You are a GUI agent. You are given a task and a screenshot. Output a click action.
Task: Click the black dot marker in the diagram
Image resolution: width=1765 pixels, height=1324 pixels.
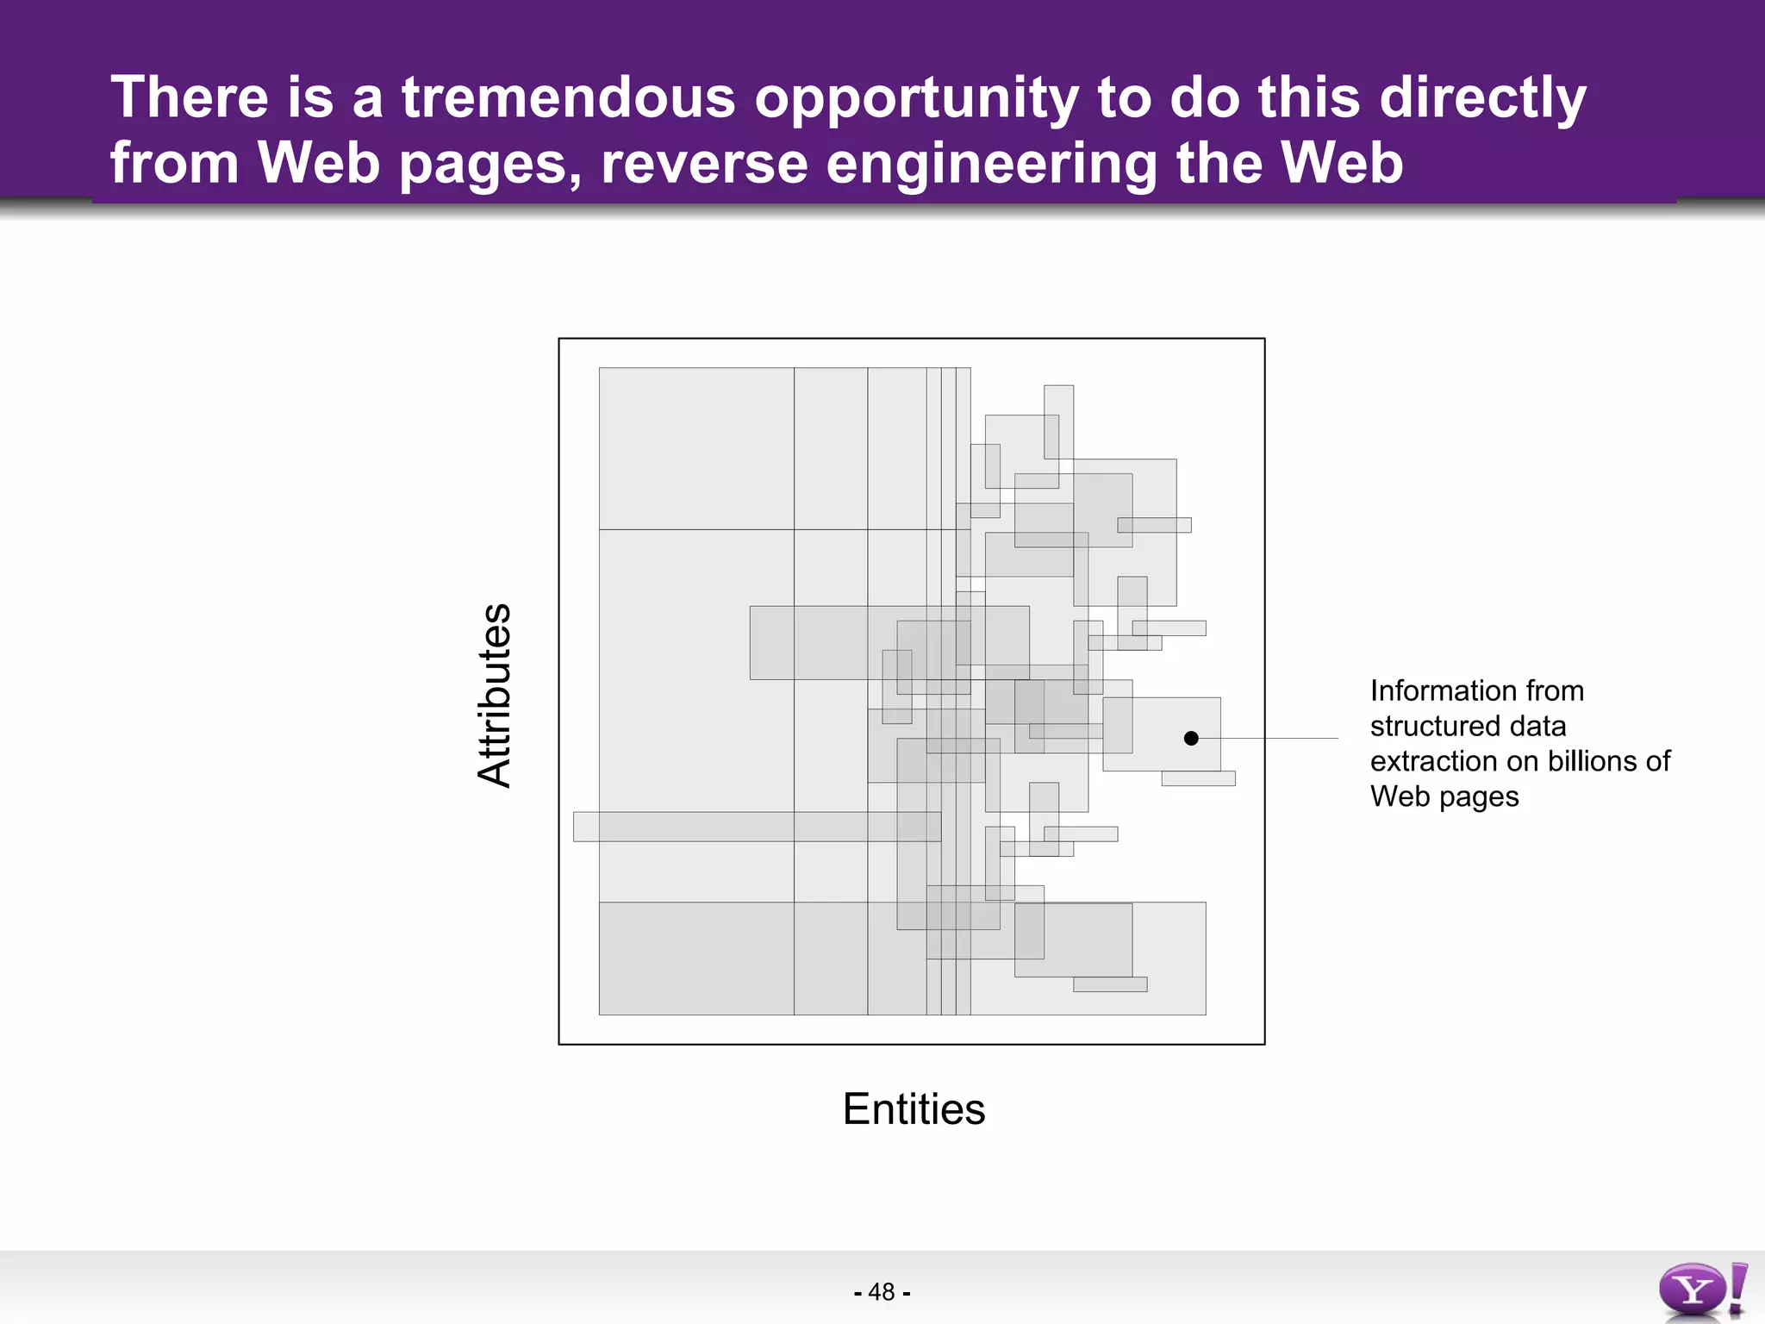(x=1191, y=738)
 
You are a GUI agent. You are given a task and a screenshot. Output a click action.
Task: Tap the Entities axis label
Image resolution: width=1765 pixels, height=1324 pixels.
(x=914, y=1109)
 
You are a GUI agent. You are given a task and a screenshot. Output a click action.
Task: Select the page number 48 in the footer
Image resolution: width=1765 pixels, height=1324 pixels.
(x=882, y=1292)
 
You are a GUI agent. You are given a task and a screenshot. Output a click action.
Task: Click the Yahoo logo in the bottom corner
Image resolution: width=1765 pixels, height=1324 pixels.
(x=1701, y=1290)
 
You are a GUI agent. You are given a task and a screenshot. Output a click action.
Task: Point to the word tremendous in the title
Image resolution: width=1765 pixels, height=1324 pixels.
(x=569, y=97)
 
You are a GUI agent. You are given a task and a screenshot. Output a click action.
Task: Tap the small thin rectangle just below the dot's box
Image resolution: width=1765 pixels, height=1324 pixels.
(x=1198, y=778)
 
